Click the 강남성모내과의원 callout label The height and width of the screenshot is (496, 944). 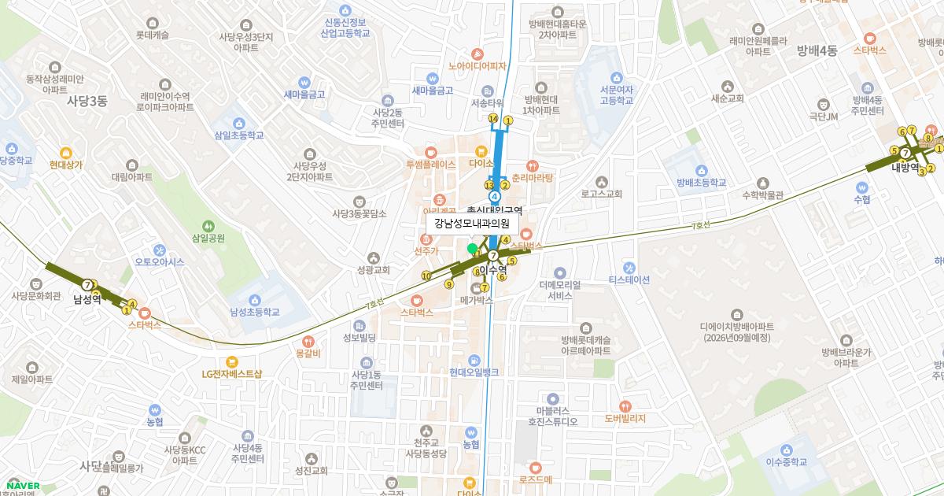472,224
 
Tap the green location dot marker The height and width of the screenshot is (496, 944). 472,249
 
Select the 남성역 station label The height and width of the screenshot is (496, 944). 87,299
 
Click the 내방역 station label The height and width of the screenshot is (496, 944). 905,167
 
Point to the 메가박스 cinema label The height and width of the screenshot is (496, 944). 476,300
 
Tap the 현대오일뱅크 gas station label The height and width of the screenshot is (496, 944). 474,372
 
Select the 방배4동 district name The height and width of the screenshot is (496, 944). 817,51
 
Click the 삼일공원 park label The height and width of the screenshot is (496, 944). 208,237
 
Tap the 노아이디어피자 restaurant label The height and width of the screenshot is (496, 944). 477,66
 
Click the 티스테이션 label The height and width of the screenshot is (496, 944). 629,279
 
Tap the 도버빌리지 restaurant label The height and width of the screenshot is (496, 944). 625,418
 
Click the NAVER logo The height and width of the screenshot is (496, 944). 23,486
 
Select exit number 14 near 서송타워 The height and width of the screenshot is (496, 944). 493,119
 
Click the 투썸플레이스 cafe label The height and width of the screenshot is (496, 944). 430,165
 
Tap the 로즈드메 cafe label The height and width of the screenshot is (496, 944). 536,479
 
